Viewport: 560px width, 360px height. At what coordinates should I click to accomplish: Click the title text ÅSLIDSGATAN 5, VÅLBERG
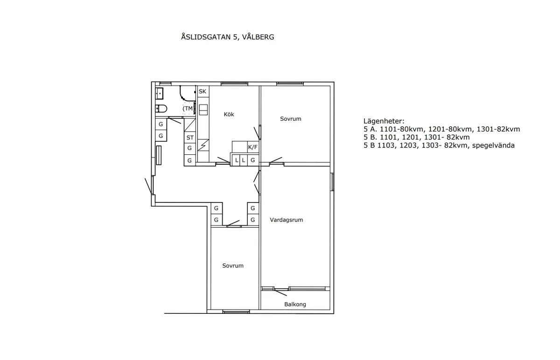[227, 37]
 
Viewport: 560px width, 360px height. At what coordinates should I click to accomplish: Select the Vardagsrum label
[286, 220]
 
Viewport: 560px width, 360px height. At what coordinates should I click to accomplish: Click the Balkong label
[295, 305]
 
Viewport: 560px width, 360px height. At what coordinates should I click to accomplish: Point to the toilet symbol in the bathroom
[161, 109]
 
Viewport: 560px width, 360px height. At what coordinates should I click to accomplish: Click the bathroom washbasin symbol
[159, 93]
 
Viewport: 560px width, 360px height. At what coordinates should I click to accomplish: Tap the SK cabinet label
[203, 91]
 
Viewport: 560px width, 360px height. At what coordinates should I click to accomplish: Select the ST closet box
[190, 138]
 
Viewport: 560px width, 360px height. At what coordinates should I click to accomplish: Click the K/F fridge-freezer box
[252, 147]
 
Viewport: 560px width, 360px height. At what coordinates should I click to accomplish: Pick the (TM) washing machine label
[188, 109]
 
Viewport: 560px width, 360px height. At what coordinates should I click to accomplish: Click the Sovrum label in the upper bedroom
[290, 118]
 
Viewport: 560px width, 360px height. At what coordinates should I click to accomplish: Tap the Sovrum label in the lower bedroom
[232, 266]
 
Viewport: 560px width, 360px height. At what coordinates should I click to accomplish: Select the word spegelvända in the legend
[493, 145]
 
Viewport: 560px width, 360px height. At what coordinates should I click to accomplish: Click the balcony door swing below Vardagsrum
[281, 291]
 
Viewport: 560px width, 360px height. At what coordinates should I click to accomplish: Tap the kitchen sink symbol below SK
[203, 110]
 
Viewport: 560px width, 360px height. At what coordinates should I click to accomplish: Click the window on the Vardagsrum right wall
[332, 182]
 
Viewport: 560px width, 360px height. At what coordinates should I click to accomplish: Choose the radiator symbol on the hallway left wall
[159, 156]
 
